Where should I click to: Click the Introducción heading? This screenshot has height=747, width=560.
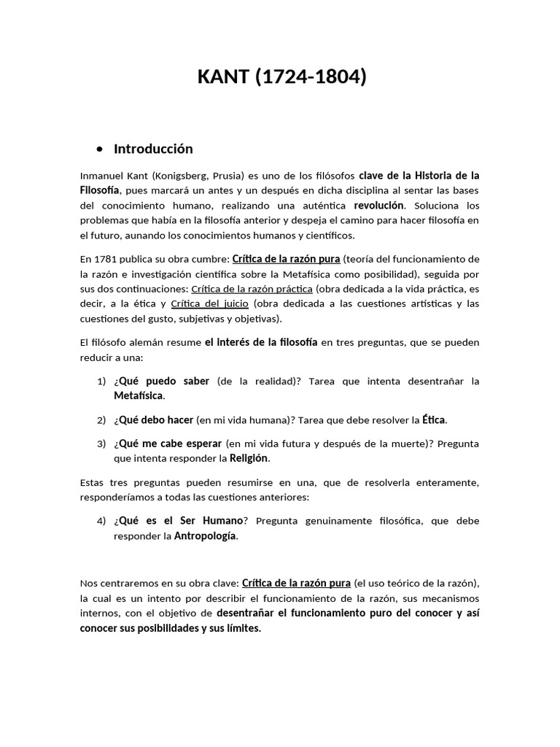coord(153,149)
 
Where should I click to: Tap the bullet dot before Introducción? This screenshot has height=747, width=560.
coord(99,150)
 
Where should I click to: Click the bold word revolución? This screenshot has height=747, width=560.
coord(378,205)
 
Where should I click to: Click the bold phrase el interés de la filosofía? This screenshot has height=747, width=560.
coord(261,342)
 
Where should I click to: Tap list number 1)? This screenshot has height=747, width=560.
coord(101,382)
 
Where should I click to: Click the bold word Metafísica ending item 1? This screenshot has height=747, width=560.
coord(139,396)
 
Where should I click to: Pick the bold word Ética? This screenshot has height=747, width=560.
coord(434,420)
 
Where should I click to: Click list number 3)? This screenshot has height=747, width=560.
coord(101,444)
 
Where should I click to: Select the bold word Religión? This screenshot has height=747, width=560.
coord(249,459)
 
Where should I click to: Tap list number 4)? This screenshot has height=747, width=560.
coord(101,521)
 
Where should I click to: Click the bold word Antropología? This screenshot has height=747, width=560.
coord(205,536)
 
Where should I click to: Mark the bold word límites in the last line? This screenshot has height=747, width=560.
coord(241,627)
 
